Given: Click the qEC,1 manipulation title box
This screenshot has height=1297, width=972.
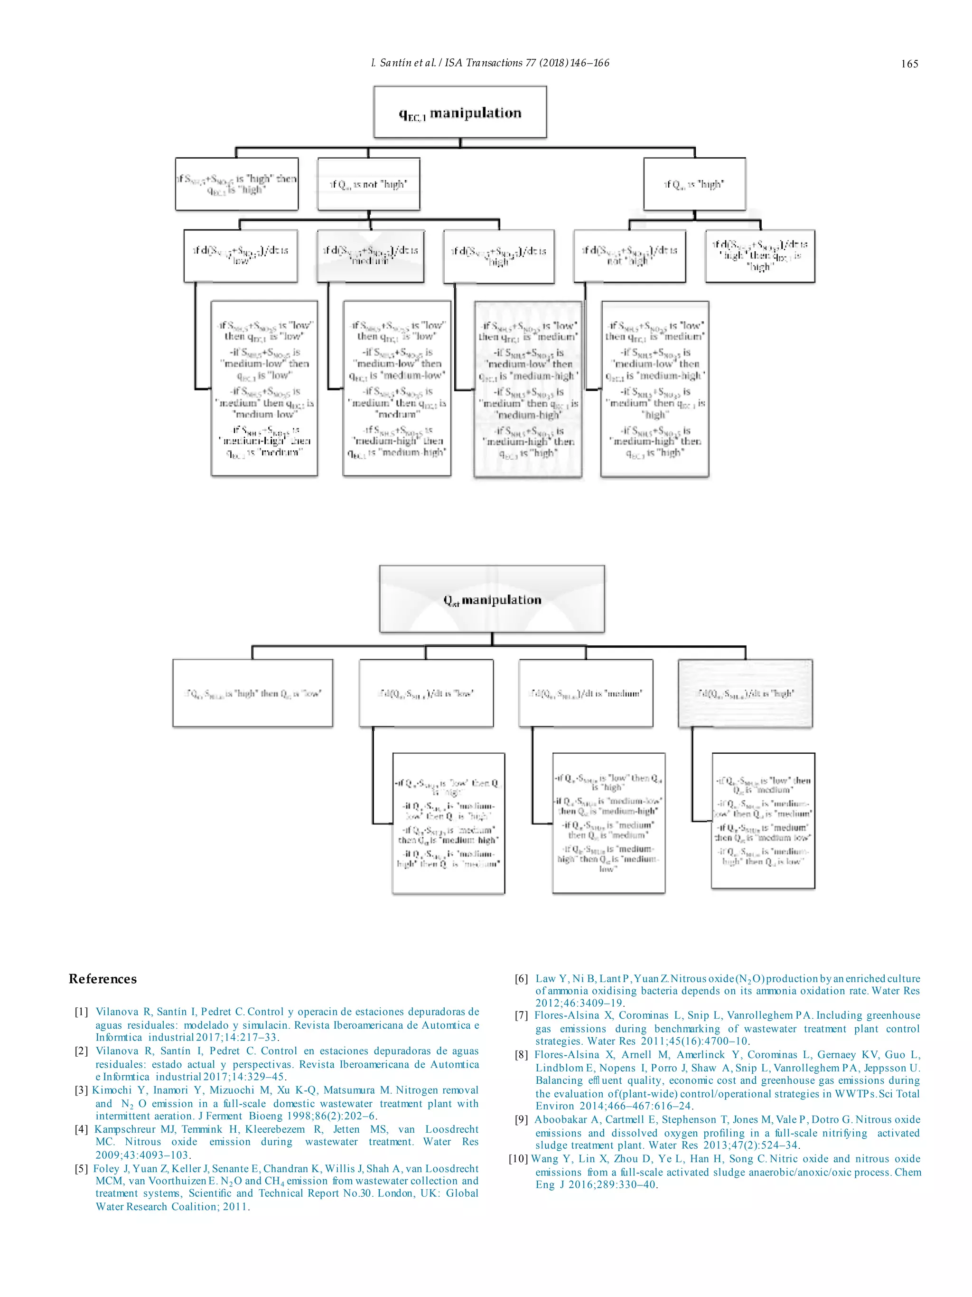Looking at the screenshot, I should coord(460,112).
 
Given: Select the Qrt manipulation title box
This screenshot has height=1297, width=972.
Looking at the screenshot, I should coord(492,599).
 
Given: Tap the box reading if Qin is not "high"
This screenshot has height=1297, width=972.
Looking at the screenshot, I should coord(368,184).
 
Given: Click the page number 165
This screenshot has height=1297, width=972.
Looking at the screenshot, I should coord(909,64).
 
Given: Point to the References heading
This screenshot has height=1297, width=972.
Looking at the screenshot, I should coord(103,979).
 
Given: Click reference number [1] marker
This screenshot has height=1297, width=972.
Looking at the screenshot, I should coord(82,1012).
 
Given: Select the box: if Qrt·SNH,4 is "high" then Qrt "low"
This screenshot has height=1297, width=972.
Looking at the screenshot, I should coord(252,693).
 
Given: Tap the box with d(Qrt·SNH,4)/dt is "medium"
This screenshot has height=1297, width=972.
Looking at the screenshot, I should coord(586,693).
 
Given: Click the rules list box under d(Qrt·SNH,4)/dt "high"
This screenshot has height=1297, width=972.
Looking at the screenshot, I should coord(763,820).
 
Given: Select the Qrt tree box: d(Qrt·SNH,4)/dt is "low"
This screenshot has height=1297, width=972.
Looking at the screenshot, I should coord(426,693).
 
